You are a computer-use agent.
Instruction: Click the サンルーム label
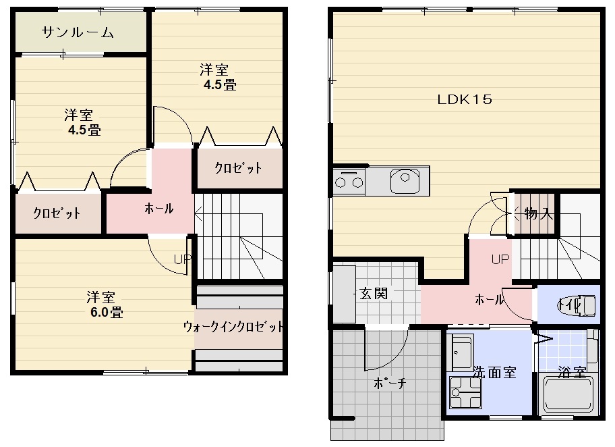(x=78, y=32)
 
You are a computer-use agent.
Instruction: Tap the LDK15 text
(x=465, y=99)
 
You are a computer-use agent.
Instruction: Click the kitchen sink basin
(x=405, y=181)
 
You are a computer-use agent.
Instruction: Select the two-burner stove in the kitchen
(x=349, y=181)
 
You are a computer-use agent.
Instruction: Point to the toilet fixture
(x=577, y=305)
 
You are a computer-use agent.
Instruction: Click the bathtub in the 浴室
(x=568, y=394)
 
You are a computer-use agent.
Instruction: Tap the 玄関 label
(x=374, y=294)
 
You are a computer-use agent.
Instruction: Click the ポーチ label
(x=390, y=383)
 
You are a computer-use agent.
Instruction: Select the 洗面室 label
(x=494, y=372)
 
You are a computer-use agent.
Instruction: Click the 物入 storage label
(x=539, y=214)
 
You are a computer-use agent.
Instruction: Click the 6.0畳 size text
(x=107, y=312)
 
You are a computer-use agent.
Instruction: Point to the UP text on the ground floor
(x=500, y=259)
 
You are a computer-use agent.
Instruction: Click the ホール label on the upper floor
(x=159, y=208)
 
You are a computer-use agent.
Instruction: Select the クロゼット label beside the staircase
(x=238, y=168)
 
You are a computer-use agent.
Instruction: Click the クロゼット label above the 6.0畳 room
(x=57, y=213)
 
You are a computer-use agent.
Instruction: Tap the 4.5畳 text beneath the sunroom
(x=84, y=130)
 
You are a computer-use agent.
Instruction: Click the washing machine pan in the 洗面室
(x=465, y=392)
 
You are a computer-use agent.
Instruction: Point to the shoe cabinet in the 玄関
(x=345, y=294)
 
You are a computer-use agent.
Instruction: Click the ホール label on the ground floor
(x=490, y=299)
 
